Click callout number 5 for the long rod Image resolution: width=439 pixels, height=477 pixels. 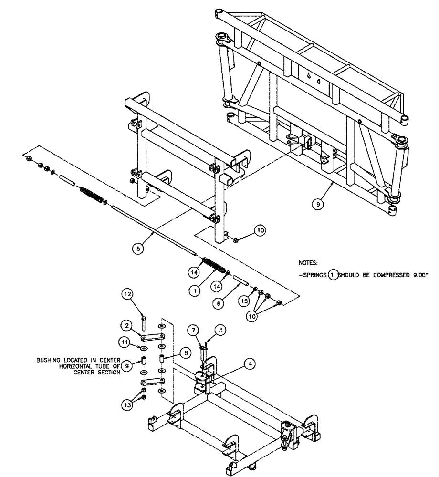pyautogui.click(x=137, y=249)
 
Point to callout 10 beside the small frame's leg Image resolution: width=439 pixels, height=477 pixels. pyautogui.click(x=259, y=231)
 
